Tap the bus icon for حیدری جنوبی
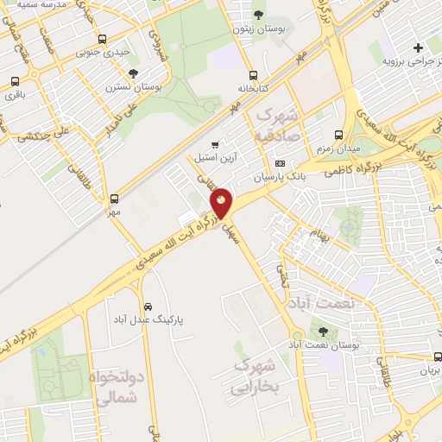click(103, 39)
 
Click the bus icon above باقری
click(15, 82)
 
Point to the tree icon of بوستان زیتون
click(259, 15)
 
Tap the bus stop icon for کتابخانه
click(252, 75)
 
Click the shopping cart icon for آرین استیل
click(215, 144)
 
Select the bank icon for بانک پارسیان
click(279, 163)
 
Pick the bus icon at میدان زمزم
click(338, 135)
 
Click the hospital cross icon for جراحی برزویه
click(418, 47)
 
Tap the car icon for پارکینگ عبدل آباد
click(148, 306)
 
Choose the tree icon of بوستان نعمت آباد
click(323, 331)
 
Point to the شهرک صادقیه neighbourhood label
click(276, 124)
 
